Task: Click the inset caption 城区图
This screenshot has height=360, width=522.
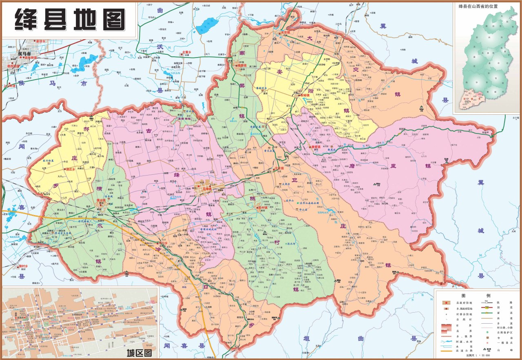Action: click(x=139, y=353)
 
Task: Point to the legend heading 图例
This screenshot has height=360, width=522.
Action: click(x=476, y=295)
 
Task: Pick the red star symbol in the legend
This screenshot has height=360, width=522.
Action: click(x=447, y=302)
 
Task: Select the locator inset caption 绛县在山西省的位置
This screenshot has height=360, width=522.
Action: click(x=481, y=7)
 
